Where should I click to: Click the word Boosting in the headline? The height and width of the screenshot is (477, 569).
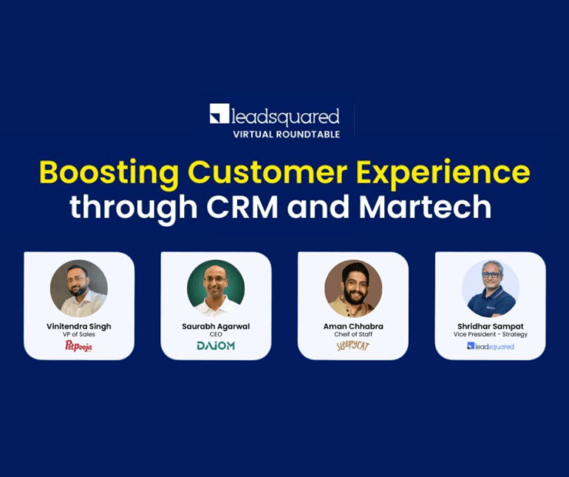(x=107, y=172)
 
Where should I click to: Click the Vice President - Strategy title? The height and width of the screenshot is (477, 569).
(x=490, y=334)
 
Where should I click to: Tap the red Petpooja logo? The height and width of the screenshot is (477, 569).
(x=79, y=345)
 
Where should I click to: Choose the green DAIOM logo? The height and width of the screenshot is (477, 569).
(x=216, y=345)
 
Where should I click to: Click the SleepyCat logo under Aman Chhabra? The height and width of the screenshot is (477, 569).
(x=353, y=345)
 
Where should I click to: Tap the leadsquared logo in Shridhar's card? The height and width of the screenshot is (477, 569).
(x=490, y=346)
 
